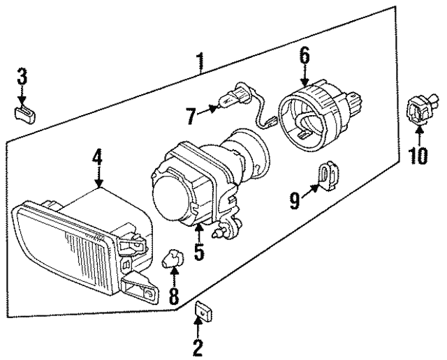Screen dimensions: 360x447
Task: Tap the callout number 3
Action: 22,75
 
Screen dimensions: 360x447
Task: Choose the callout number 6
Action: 305,55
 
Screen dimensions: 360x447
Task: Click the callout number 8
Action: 173,294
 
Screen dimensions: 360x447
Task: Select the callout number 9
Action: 295,201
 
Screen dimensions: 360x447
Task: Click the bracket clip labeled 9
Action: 326,175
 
